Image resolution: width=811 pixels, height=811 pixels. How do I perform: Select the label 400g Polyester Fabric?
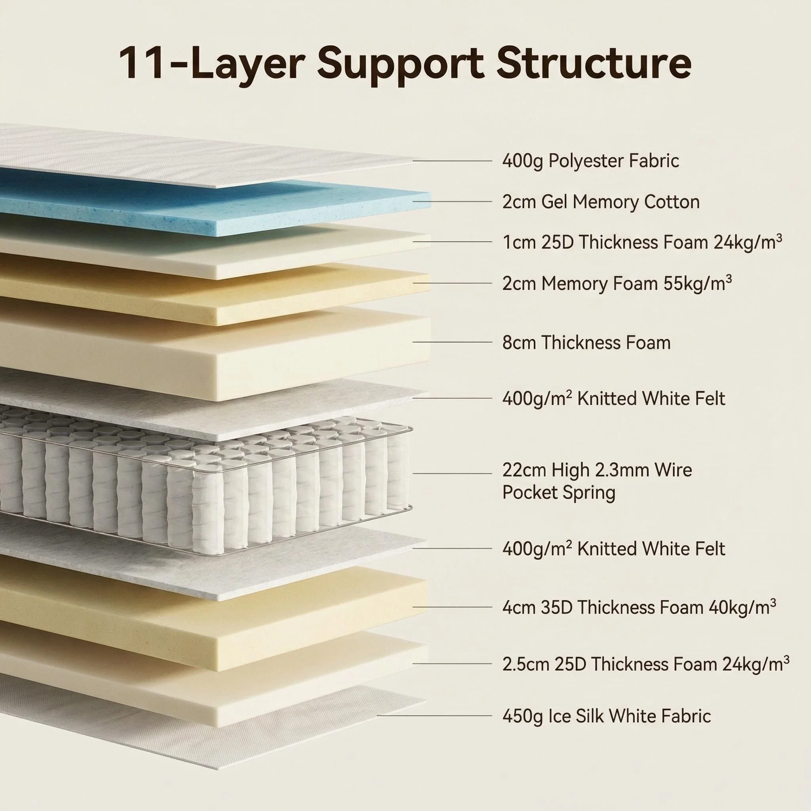click(x=590, y=161)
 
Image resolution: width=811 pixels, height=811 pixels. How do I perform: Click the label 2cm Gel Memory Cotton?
click(x=601, y=202)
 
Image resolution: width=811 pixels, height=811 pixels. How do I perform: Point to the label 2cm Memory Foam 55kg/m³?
click(x=617, y=284)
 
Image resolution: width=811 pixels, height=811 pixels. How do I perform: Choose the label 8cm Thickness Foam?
click(x=586, y=343)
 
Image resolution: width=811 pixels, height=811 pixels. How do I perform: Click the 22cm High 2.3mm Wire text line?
click(x=597, y=470)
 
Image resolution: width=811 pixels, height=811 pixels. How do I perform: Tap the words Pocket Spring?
click(x=559, y=492)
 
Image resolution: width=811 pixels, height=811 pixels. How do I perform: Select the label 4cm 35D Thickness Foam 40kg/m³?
click(x=639, y=607)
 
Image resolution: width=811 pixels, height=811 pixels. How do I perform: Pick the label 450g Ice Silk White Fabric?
click(x=607, y=716)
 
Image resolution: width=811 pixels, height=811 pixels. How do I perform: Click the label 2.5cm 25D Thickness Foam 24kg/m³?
click(x=645, y=664)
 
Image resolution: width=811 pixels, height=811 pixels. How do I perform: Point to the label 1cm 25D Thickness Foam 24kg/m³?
click(x=642, y=242)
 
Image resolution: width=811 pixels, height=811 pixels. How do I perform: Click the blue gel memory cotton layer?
click(x=210, y=202)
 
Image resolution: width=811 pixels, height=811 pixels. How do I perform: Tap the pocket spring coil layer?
click(x=206, y=478)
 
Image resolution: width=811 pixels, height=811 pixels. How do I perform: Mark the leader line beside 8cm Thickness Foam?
click(x=453, y=342)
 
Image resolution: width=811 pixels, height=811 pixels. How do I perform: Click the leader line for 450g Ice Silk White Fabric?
click(x=434, y=715)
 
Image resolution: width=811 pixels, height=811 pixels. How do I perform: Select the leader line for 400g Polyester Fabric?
click(x=453, y=161)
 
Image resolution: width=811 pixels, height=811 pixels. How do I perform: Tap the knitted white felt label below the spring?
click(x=614, y=548)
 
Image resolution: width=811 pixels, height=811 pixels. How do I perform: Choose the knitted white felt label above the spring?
click(x=614, y=398)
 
